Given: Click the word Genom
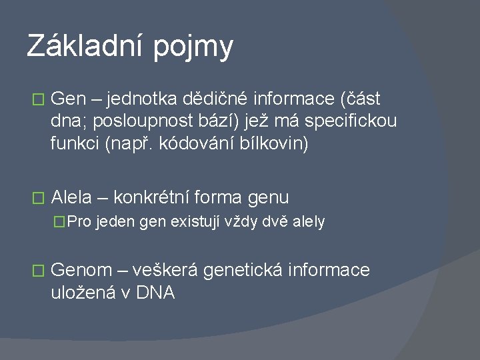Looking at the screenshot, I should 81,270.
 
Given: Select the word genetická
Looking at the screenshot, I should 245,270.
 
